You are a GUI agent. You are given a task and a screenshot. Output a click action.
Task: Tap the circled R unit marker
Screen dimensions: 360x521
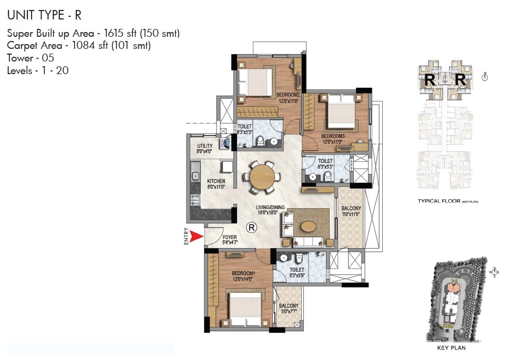pos(252,227)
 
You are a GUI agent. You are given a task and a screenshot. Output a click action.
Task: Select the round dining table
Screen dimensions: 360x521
pos(261,177)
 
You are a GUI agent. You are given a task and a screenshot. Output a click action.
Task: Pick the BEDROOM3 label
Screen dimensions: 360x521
pos(334,138)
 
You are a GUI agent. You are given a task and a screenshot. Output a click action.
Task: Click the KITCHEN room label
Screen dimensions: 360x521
pos(216,183)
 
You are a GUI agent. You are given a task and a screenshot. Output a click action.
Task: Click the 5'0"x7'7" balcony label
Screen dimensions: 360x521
pos(289,308)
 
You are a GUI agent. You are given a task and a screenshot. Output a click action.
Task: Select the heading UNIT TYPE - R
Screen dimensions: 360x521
pos(44,15)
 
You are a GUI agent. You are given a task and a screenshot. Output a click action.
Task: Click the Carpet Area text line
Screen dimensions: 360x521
pos(79,46)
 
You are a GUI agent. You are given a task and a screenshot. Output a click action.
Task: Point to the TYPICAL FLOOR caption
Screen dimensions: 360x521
pos(448,201)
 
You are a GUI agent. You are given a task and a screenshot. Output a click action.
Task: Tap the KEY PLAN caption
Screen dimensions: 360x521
pos(451,347)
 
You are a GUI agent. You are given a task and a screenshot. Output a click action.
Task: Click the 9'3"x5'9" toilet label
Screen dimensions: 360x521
pos(297,273)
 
